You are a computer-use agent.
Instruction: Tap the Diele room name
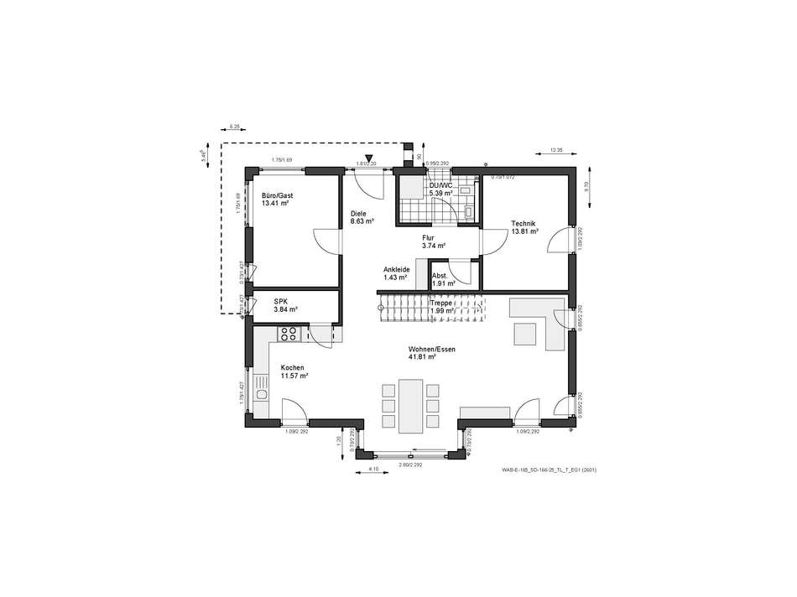click(358, 213)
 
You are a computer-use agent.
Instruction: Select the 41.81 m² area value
click(421, 356)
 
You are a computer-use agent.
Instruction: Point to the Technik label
click(524, 223)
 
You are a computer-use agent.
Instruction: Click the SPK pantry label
click(279, 301)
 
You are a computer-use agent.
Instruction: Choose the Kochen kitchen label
click(292, 368)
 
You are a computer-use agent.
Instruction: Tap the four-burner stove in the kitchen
click(289, 334)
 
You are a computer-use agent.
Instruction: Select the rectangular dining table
click(411, 405)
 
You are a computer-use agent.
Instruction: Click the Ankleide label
click(395, 269)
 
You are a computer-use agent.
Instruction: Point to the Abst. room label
click(440, 276)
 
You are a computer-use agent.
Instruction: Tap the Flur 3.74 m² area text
click(434, 246)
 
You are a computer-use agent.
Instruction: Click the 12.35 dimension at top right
click(555, 151)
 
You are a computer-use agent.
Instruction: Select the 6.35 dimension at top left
click(234, 127)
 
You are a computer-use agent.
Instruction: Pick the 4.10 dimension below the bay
click(373, 469)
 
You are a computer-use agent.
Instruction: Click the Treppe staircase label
click(441, 303)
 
